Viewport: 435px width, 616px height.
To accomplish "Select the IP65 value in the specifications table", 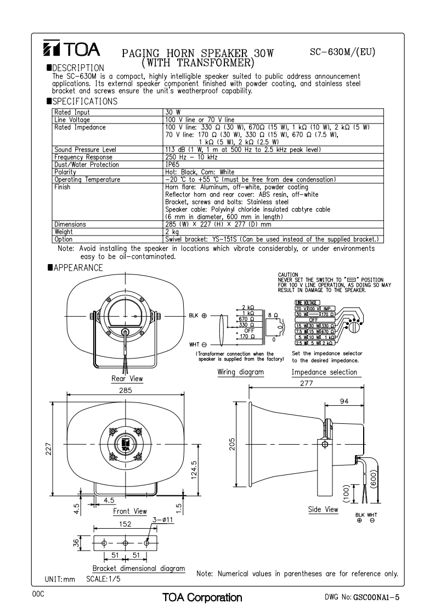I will [x=172, y=164].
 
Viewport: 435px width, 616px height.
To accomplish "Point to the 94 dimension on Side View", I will [x=343, y=401].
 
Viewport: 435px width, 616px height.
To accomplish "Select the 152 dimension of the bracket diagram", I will [x=126, y=524].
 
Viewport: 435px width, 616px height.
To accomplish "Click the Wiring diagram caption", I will [x=241, y=372].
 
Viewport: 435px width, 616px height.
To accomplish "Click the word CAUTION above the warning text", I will [x=289, y=274].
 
